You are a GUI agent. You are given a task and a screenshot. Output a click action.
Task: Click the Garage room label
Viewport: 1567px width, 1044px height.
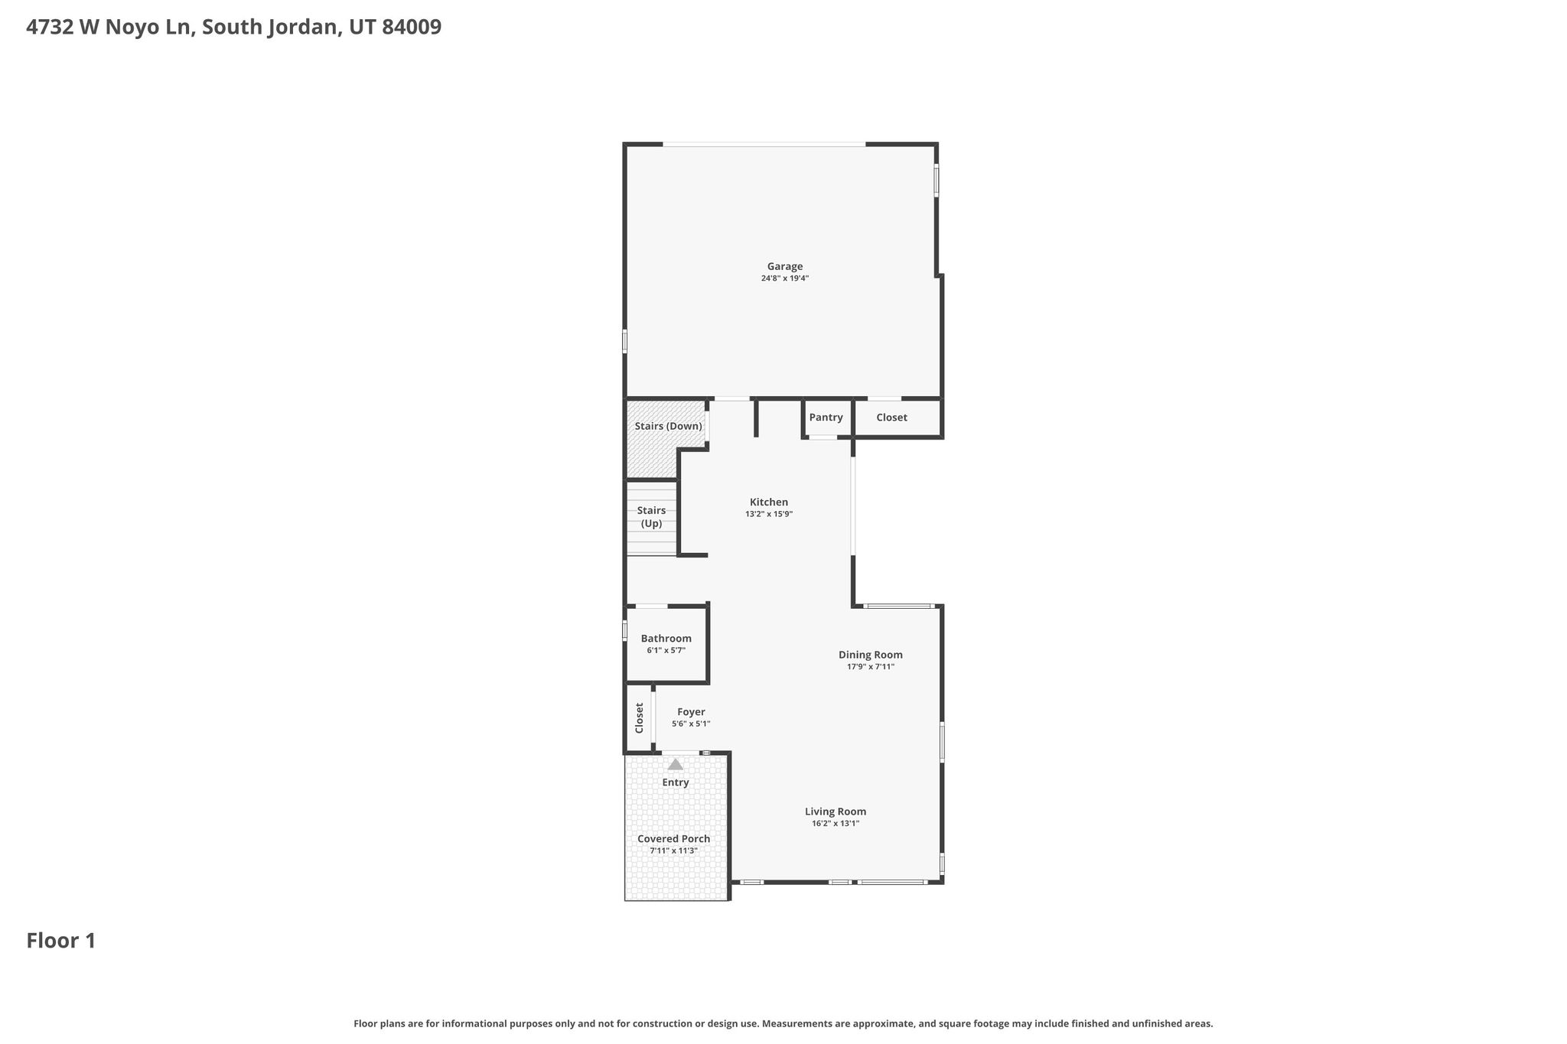click(x=785, y=266)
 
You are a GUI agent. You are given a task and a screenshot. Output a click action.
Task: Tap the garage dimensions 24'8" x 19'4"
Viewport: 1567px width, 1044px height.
click(x=785, y=278)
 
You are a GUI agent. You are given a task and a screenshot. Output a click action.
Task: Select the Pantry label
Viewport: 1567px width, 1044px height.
click(x=826, y=418)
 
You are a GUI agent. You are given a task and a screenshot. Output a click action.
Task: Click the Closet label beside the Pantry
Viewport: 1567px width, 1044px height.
click(x=891, y=418)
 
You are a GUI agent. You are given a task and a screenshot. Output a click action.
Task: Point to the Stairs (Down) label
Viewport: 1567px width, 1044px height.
click(x=668, y=426)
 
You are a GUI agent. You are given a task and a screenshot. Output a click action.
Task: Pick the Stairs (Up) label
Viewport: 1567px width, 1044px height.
click(x=651, y=517)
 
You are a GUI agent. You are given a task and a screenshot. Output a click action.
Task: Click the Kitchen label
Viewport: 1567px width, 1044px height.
click(x=769, y=502)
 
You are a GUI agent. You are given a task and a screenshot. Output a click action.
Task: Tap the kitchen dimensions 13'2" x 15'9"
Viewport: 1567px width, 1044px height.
click(x=769, y=515)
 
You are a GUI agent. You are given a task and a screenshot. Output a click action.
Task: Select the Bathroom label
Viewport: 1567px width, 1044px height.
click(x=666, y=639)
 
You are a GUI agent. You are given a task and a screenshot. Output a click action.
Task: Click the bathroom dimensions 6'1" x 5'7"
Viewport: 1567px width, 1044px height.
click(x=666, y=651)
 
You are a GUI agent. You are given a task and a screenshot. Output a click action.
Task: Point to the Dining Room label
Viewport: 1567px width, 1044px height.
click(x=871, y=655)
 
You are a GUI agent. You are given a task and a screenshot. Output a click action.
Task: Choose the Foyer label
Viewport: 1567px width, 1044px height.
click(x=691, y=712)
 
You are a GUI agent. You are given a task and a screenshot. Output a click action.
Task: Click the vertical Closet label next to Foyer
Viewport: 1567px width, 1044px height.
click(x=640, y=718)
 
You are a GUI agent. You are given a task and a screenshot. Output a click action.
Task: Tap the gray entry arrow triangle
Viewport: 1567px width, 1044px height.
click(x=675, y=764)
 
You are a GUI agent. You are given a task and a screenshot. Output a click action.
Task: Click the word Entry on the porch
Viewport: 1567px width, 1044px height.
click(x=676, y=782)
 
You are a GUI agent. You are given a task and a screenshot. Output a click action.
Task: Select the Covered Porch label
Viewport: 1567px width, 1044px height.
click(x=674, y=839)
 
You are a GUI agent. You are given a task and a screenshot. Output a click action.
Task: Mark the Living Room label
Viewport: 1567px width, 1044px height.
click(x=836, y=811)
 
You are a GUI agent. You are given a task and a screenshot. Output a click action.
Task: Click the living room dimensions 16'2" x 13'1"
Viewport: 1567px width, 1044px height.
click(x=836, y=824)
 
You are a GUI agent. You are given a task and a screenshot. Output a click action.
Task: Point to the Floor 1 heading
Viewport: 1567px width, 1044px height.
click(x=61, y=941)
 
